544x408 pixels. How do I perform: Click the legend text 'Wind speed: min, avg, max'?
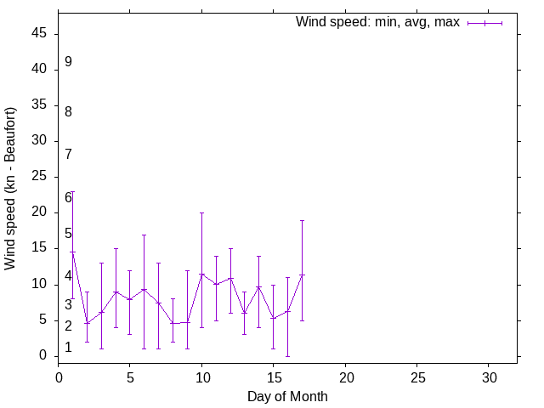tap(377, 22)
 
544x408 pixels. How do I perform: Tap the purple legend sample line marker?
tap(484, 23)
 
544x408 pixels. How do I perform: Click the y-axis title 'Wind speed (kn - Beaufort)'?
tap(10, 189)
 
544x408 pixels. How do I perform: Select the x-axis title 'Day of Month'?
tap(287, 396)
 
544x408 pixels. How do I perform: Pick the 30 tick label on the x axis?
tap(489, 376)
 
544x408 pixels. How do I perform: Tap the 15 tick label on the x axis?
tap(274, 376)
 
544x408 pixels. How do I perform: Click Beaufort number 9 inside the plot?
tap(68, 62)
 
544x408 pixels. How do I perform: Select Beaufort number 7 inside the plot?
tap(68, 155)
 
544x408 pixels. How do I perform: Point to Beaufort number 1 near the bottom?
tap(68, 348)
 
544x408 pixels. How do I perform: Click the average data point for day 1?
tap(72, 252)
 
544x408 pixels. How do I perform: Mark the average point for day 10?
tap(201, 274)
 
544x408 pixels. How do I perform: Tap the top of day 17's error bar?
tap(302, 220)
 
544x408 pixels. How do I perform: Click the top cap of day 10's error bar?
tap(201, 212)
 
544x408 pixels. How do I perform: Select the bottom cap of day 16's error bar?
tap(287, 356)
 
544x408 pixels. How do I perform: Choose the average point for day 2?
tap(87, 323)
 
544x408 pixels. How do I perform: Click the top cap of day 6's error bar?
tap(144, 235)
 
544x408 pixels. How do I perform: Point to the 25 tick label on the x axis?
tap(417, 376)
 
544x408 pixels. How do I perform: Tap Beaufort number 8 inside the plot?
tap(68, 111)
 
